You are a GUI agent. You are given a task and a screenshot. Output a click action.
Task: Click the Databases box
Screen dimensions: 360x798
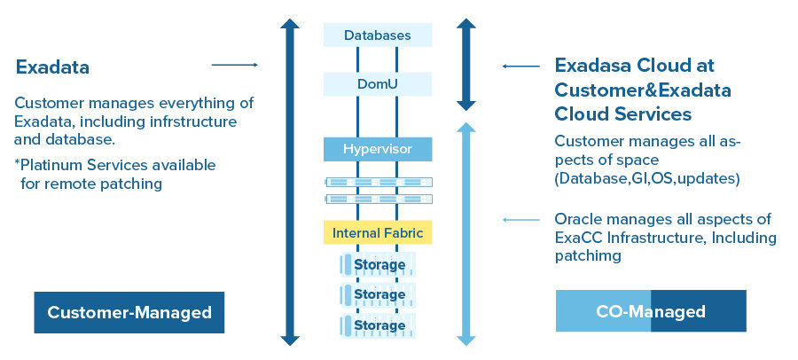tap(378, 35)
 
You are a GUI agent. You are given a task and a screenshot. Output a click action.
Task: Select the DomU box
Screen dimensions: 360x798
tap(378, 84)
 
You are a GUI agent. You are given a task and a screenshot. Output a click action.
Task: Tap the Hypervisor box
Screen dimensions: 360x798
tap(378, 148)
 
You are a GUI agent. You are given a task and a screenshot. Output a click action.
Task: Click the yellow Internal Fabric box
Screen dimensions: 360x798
tap(378, 233)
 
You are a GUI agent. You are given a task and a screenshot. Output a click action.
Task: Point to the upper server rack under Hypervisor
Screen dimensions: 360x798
tap(378, 181)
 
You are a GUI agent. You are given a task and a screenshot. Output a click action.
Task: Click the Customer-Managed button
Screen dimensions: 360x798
tap(129, 312)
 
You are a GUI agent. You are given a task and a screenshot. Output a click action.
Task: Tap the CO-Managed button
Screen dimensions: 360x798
tap(651, 311)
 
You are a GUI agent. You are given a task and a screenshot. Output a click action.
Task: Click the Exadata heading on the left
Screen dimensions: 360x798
tap(52, 67)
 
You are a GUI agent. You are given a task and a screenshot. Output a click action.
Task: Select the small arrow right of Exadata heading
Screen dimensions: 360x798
tap(234, 65)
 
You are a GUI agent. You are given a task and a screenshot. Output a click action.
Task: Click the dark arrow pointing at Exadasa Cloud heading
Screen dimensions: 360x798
tap(520, 66)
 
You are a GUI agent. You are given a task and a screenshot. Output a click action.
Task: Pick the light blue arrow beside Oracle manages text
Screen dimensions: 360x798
tap(520, 220)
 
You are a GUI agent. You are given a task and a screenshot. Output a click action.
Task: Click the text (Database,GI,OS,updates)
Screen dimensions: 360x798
tap(647, 178)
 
